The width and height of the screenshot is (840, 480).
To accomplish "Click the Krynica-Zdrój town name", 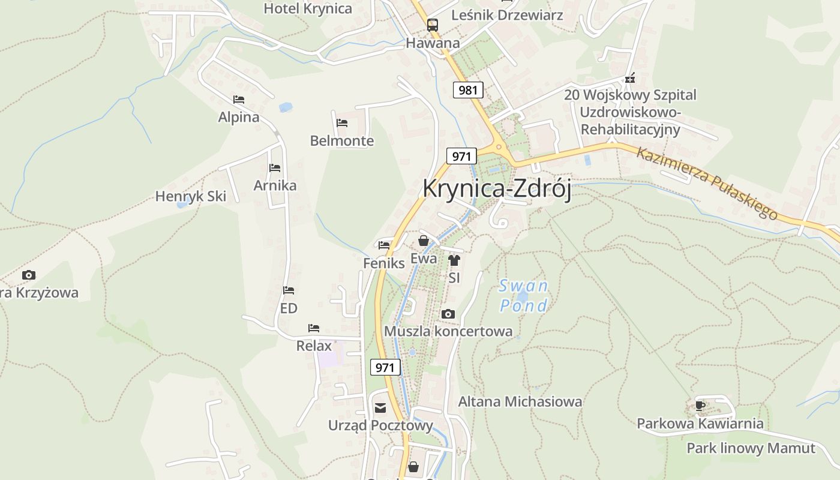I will point(497,188).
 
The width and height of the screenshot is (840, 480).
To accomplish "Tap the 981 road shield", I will point(467,90).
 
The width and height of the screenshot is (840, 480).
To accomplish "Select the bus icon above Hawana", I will point(433,25).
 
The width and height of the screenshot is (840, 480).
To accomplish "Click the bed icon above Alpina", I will point(239,100).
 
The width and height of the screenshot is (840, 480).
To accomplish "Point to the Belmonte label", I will point(341,141).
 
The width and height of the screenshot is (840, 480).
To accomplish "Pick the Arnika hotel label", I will point(275,185).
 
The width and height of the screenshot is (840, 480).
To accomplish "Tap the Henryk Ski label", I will point(190,196).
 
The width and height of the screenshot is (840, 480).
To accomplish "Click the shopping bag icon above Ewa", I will point(424,241).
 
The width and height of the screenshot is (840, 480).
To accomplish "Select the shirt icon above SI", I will point(454,260).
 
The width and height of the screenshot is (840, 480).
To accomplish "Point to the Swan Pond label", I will point(524,296).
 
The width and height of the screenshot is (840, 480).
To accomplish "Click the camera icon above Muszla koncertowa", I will point(448,314).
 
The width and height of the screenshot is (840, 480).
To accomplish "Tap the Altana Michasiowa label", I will point(520,401).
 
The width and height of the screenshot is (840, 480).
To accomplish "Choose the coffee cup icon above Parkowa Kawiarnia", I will point(700,406).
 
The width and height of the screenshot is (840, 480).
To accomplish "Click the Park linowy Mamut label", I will point(751,448).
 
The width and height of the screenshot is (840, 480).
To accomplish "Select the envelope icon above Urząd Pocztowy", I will point(380,409).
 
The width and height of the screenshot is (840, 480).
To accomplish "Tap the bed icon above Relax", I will point(314,328).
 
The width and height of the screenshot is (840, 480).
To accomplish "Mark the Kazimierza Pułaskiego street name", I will point(707,182).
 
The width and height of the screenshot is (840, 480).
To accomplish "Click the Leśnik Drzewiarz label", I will point(507,15).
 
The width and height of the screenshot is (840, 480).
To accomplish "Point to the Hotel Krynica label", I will point(308,8).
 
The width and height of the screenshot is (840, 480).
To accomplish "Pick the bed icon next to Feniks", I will point(384,245).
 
